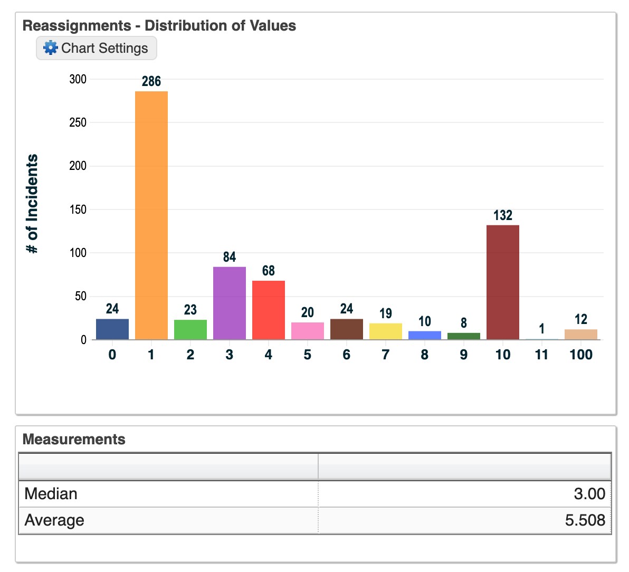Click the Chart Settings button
97,48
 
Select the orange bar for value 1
151,215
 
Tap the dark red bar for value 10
503,282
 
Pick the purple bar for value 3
230,303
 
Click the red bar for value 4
269,310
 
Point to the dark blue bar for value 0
112,329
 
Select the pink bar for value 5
308,331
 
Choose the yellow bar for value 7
386,331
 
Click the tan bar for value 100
581,335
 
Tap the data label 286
151,81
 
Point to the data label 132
503,215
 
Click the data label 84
230,257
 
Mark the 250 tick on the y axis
78,122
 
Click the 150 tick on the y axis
78,209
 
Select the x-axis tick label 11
542,355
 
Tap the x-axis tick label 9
464,355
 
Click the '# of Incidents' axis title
33,204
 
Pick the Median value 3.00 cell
589,494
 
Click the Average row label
54,520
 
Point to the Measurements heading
74,439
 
